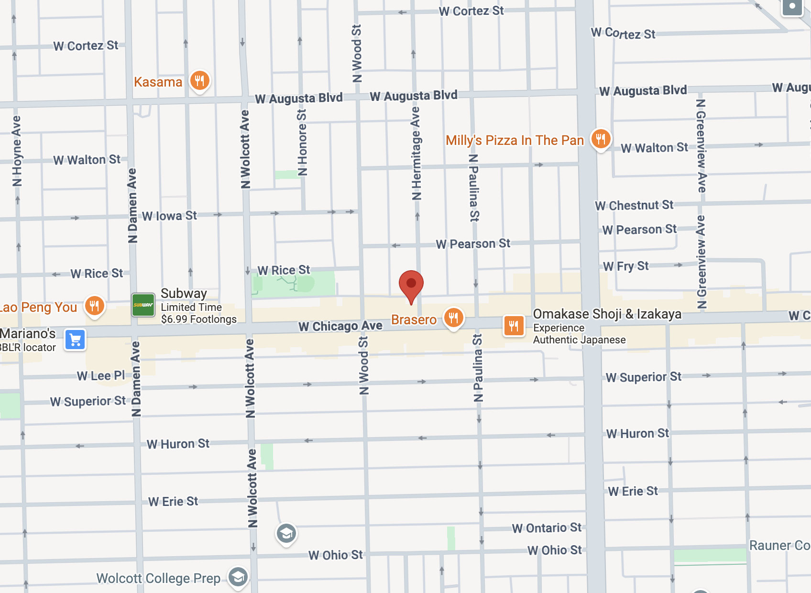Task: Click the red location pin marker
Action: click(x=411, y=285)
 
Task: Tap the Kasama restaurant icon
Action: click(x=200, y=80)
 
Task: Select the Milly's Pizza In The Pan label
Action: click(x=515, y=140)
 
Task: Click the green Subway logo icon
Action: click(x=143, y=305)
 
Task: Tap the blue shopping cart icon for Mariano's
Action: click(x=75, y=340)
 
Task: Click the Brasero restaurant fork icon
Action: click(x=453, y=317)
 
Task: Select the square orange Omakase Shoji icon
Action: click(x=514, y=326)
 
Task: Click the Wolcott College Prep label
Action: click(x=158, y=578)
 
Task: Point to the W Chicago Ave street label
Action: click(x=340, y=326)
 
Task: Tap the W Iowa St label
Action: click(x=169, y=216)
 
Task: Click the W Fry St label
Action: click(x=625, y=266)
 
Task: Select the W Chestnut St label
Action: click(x=634, y=206)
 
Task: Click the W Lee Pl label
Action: click(x=100, y=376)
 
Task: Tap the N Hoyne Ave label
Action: click(x=17, y=151)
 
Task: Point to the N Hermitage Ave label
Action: click(x=416, y=153)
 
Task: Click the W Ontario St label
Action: click(x=547, y=528)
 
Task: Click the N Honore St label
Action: click(x=302, y=143)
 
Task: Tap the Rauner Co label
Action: click(x=779, y=546)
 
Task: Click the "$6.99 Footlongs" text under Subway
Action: click(x=198, y=319)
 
